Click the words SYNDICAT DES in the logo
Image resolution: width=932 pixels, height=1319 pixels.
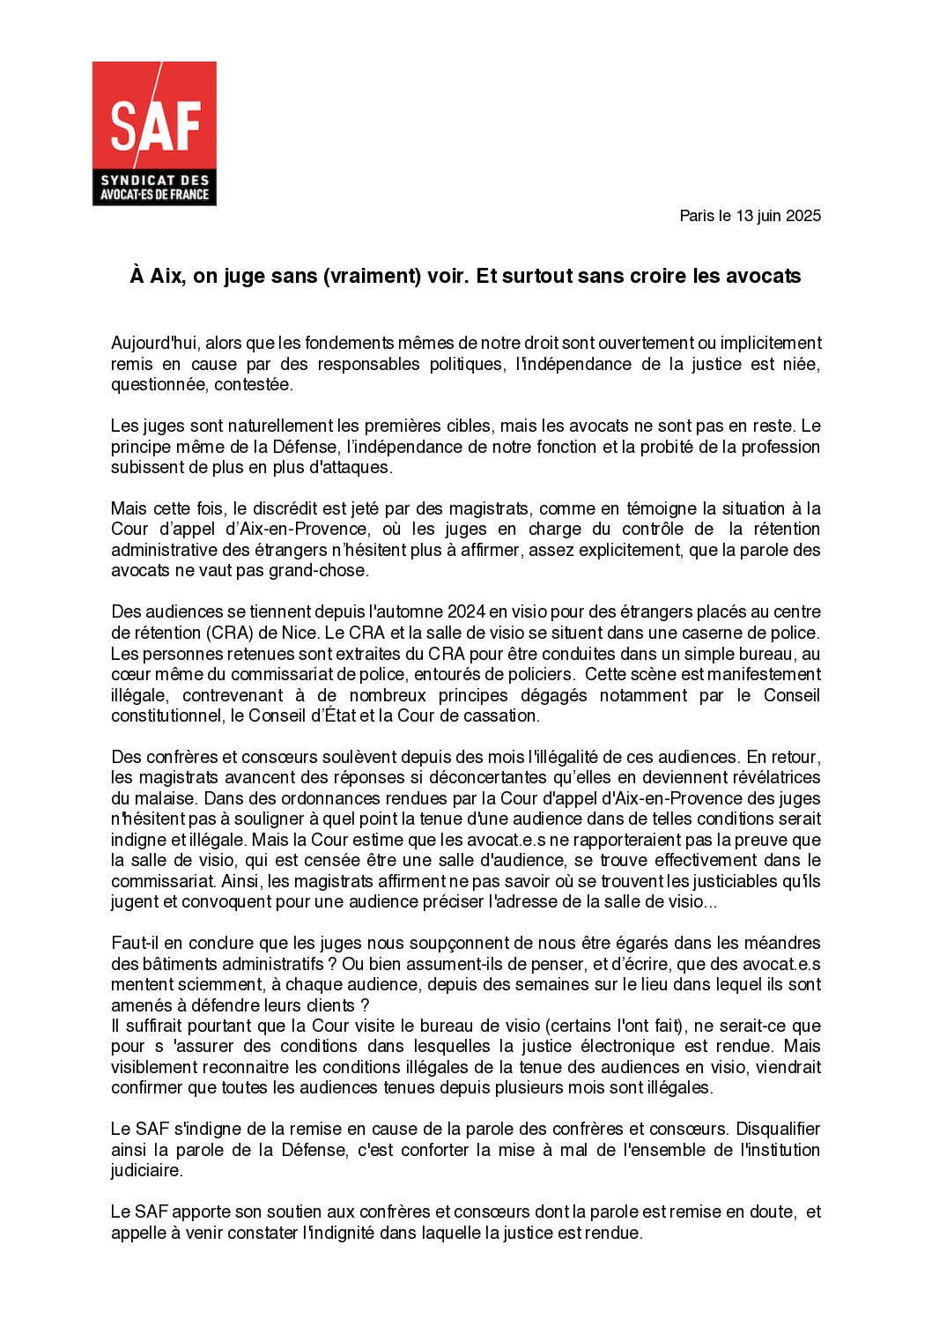[154, 180]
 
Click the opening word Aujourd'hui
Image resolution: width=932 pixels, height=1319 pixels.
[154, 343]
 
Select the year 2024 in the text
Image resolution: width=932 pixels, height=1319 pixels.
[467, 611]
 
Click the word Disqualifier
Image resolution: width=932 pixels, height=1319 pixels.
[778, 1129]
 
